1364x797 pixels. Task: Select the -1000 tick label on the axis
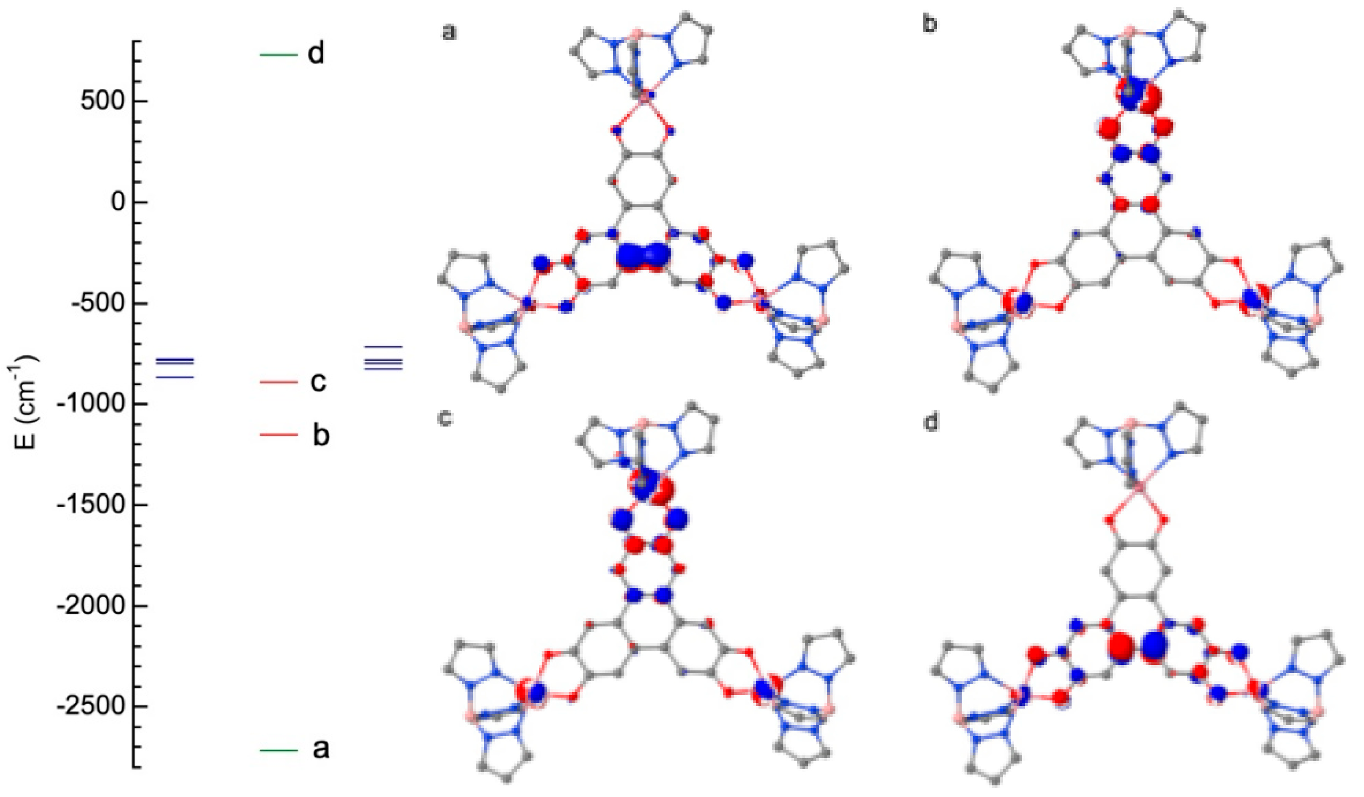[x=87, y=404]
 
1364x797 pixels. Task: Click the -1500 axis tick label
[x=87, y=505]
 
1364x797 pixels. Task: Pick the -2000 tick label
[x=87, y=606]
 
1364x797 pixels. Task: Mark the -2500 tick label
[x=87, y=707]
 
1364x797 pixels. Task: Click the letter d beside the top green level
[x=316, y=54]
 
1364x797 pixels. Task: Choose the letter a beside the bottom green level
[x=320, y=750]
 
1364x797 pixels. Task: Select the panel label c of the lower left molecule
[x=445, y=419]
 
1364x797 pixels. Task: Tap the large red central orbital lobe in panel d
[x=1121, y=646]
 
